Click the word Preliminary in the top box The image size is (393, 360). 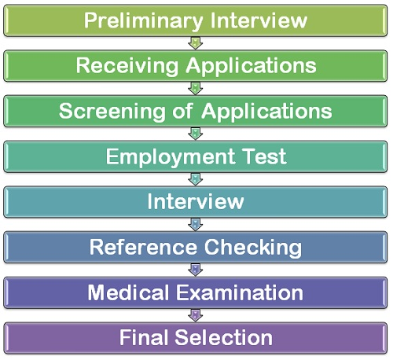[143, 21]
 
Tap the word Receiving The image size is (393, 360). [127, 65]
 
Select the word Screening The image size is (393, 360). [112, 112]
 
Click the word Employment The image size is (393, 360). [171, 156]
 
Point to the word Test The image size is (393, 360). [265, 156]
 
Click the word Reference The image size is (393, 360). [143, 247]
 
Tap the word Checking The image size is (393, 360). [253, 248]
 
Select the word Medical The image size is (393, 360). [128, 292]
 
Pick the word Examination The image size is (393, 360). [240, 292]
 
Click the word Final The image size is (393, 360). [144, 337]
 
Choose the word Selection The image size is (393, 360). [224, 337]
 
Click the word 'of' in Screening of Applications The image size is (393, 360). [183, 111]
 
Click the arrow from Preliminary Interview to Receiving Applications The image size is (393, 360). [196, 43]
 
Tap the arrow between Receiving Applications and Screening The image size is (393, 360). [196, 88]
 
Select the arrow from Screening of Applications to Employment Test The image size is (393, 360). [196, 134]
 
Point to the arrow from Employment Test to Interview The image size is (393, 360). [196, 179]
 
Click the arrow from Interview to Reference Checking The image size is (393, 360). [196, 224]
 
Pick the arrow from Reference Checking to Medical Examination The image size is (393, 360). [196, 270]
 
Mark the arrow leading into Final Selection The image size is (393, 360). [196, 315]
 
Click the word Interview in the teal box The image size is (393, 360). [196, 201]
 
